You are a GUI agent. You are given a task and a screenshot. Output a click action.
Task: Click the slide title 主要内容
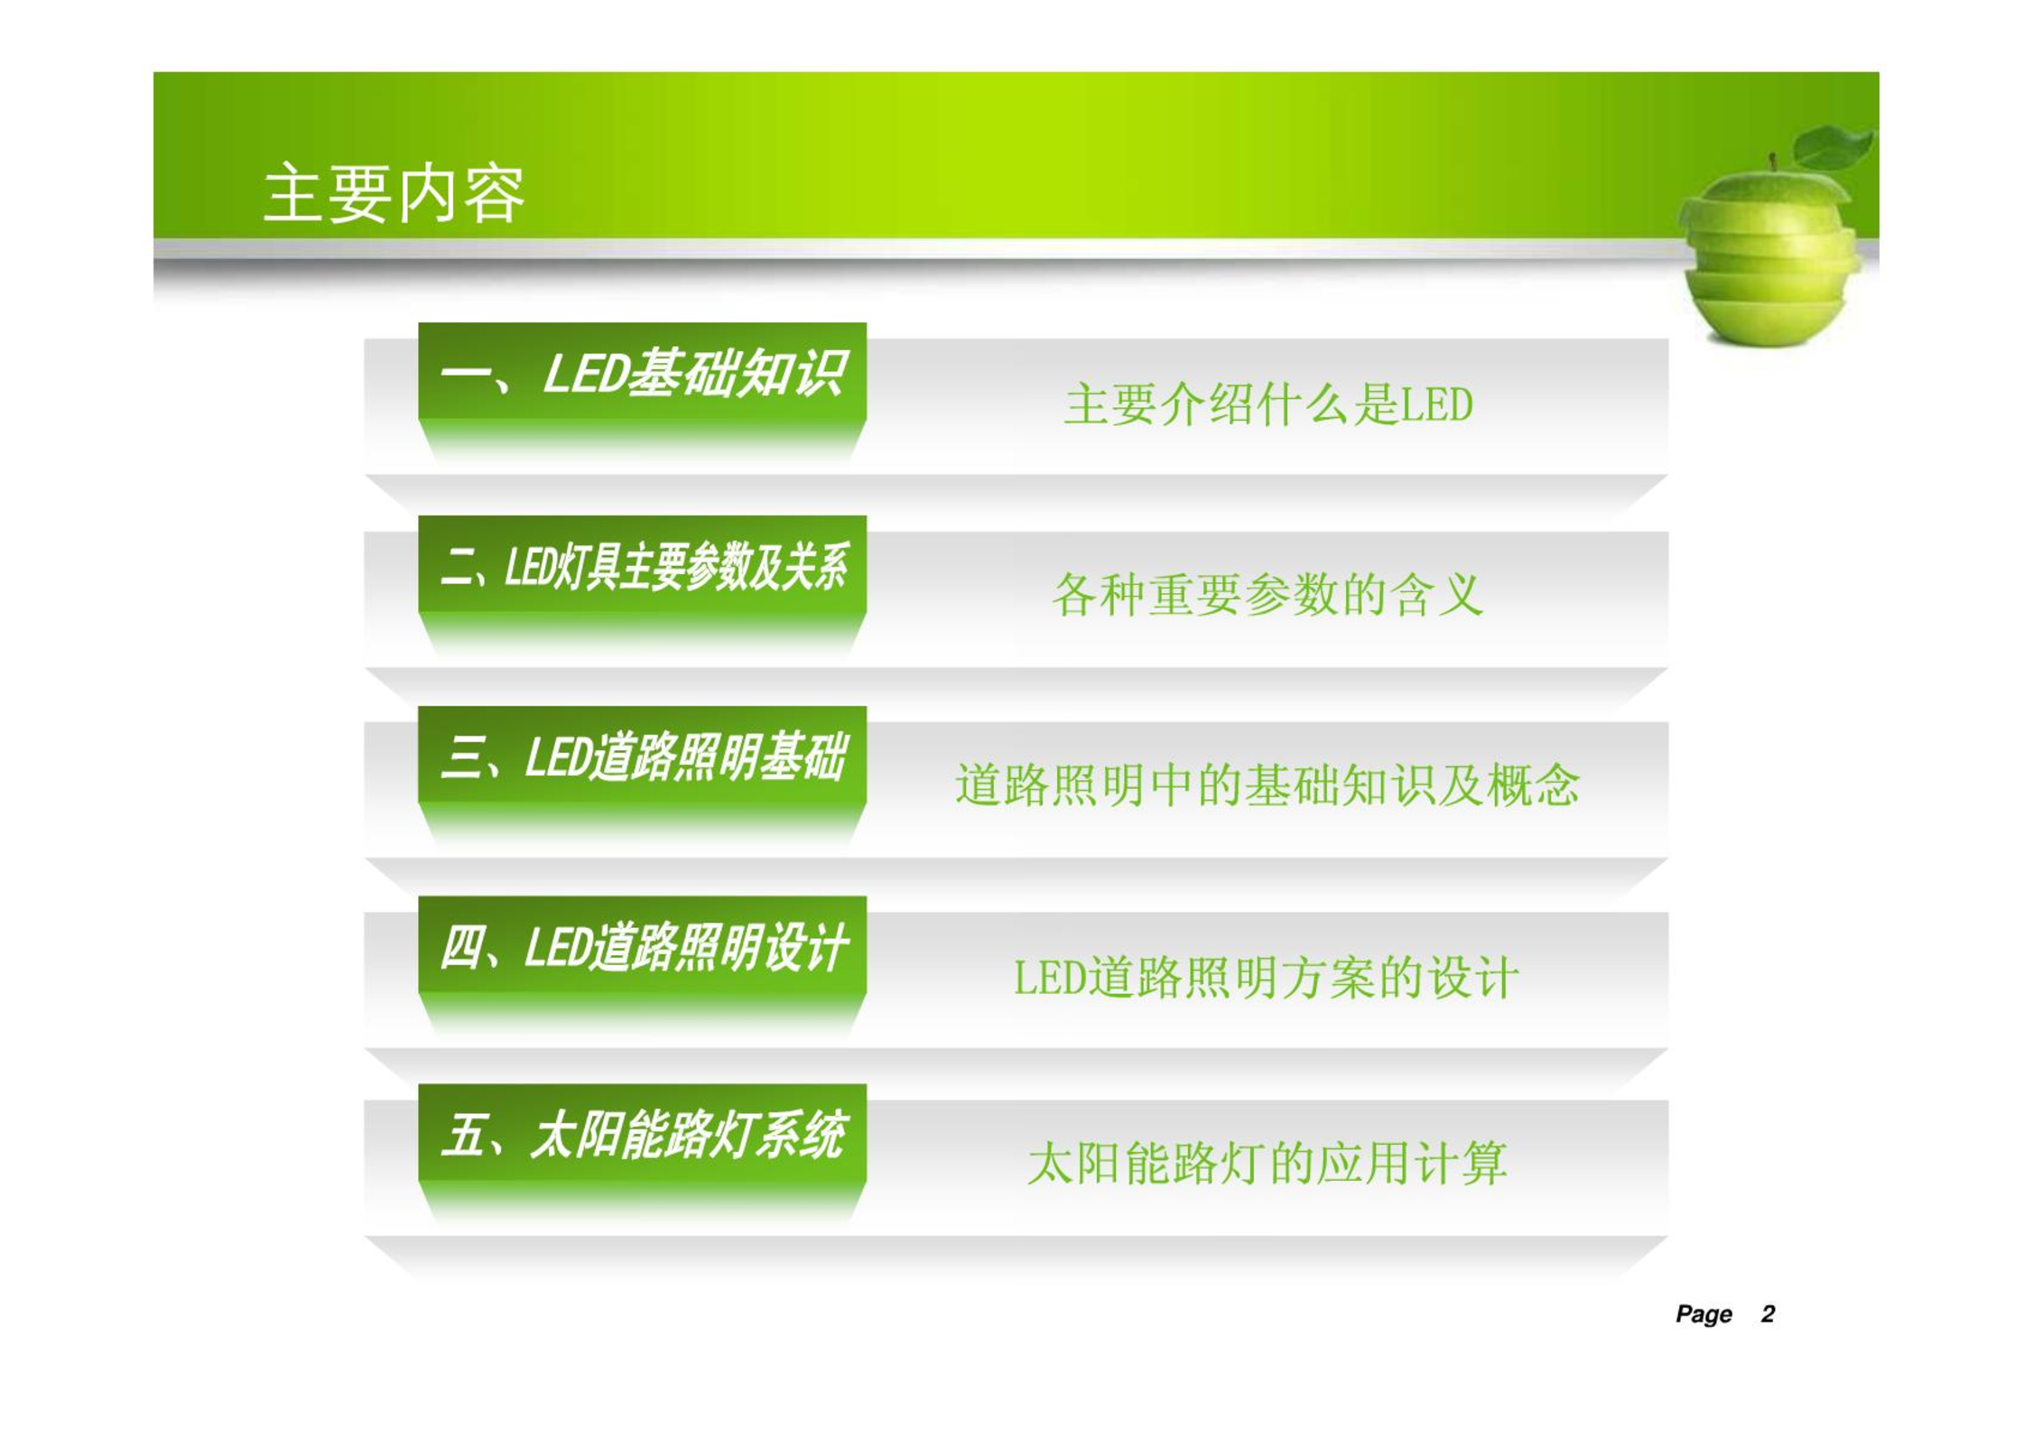[394, 193]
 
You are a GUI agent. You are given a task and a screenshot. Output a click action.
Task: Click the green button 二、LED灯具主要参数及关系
[642, 564]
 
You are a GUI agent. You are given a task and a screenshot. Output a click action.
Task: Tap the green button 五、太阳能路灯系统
[642, 1133]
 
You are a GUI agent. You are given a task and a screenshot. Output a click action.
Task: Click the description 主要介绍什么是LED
[1268, 404]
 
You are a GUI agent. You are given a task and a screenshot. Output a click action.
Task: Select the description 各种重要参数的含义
[1267, 595]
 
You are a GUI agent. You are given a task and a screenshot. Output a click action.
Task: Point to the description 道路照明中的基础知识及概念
[1267, 784]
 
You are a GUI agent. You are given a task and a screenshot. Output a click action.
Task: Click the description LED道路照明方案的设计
[1267, 978]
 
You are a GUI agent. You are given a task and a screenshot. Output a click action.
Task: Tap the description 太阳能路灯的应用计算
[1267, 1163]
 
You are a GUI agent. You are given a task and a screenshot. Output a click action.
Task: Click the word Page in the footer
[1703, 1314]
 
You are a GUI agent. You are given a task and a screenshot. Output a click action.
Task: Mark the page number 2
[1768, 1314]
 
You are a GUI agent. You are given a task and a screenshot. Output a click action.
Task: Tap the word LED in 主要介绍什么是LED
[1437, 405]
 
